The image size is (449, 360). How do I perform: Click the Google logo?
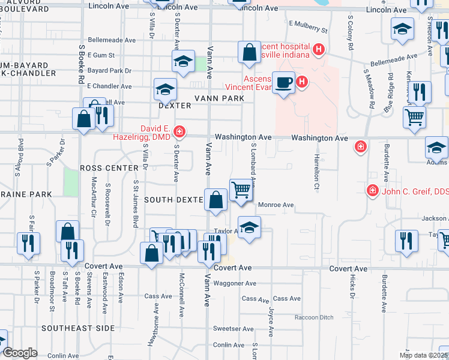[19, 353]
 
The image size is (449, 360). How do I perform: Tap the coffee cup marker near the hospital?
[283, 82]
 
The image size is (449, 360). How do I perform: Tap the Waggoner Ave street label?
[235, 283]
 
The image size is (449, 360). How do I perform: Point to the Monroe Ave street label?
[276, 205]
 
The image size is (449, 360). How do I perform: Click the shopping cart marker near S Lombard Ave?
[241, 190]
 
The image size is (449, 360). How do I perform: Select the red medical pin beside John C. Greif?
[372, 190]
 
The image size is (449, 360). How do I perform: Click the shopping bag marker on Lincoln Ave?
[249, 52]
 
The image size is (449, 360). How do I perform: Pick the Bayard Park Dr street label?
[109, 71]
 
